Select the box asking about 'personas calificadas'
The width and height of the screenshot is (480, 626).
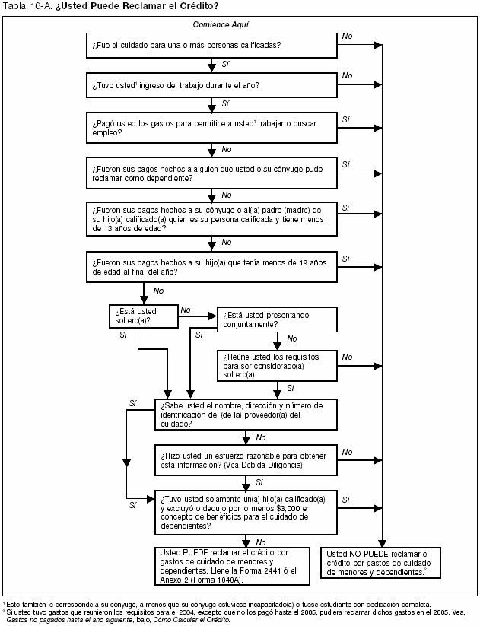tap(211, 45)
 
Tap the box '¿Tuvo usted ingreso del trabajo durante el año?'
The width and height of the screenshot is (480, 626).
tap(211, 85)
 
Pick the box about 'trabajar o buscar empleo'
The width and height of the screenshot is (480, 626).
tap(211, 128)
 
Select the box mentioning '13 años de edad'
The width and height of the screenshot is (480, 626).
tap(211, 219)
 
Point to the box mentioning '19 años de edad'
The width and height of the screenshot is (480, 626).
tap(211, 266)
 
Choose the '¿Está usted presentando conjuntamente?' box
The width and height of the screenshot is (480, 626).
tap(277, 319)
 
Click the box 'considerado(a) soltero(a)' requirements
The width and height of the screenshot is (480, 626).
tap(277, 365)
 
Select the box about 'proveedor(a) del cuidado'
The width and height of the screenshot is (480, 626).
tap(246, 415)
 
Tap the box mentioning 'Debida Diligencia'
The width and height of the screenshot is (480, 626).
tap(246, 459)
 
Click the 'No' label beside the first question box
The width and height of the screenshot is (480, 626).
tap(347, 36)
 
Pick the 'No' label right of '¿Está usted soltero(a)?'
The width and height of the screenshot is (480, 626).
tap(185, 309)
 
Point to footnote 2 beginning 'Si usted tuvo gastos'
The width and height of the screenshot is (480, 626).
tap(228, 613)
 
